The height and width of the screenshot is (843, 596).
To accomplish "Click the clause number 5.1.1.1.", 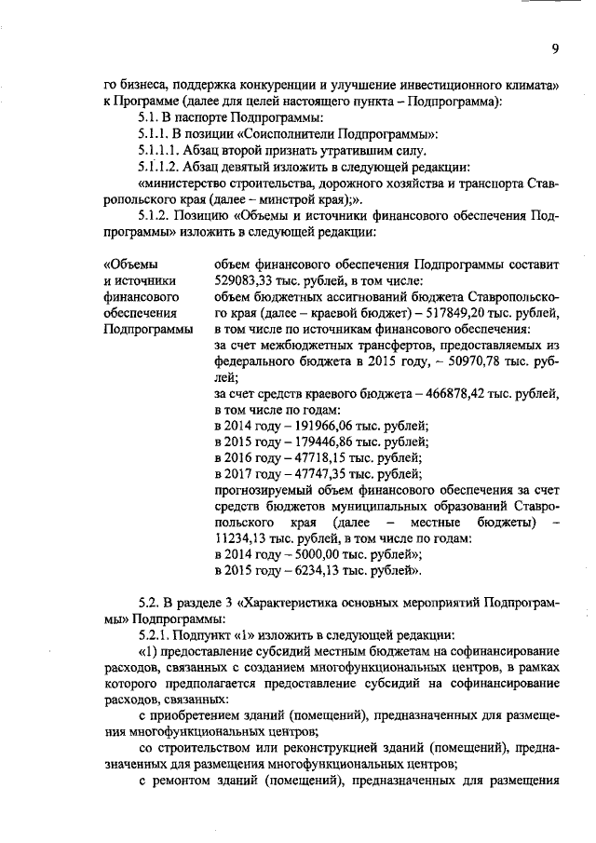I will click(x=162, y=151).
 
